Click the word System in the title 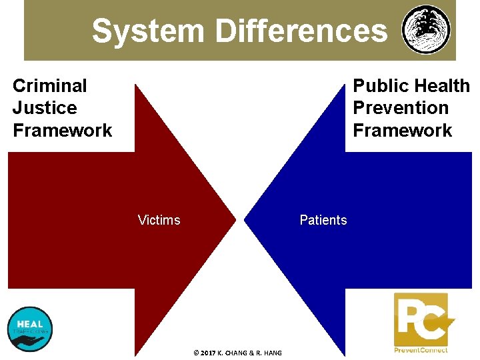[x=149, y=31]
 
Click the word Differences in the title [x=301, y=31]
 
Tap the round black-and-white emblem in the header [x=426, y=30]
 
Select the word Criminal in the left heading [x=50, y=85]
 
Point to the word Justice [x=45, y=108]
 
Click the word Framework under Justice [x=63, y=130]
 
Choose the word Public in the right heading [x=380, y=85]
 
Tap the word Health [x=441, y=85]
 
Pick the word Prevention [x=401, y=108]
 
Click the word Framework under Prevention [x=403, y=130]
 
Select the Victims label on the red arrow [x=159, y=220]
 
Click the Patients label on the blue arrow [x=323, y=220]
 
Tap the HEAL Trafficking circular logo [x=29, y=329]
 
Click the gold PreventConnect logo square [x=421, y=319]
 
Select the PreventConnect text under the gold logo [x=421, y=350]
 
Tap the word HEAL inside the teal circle [x=29, y=324]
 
